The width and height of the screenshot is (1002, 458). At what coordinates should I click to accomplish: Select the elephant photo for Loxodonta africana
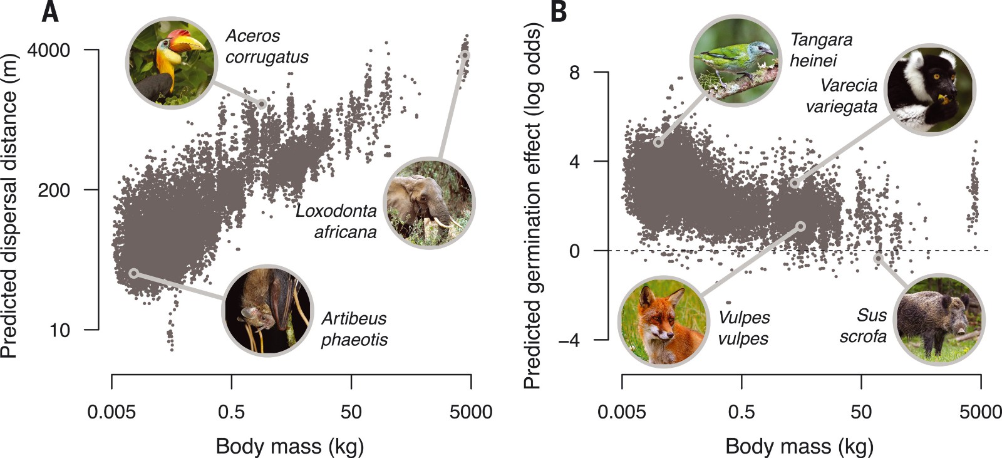[429, 202]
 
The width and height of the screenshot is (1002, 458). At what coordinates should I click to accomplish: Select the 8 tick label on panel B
[574, 73]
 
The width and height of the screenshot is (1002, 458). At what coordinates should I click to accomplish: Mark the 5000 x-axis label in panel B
[981, 412]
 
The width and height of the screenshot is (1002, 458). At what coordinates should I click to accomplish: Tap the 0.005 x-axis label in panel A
[111, 412]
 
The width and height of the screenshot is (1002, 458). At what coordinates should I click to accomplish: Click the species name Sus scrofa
[864, 326]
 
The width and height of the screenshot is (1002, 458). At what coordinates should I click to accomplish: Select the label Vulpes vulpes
[744, 328]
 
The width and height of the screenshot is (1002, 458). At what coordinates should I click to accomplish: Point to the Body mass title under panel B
[799, 446]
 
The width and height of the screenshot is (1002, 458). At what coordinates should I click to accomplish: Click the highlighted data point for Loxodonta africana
[465, 55]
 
